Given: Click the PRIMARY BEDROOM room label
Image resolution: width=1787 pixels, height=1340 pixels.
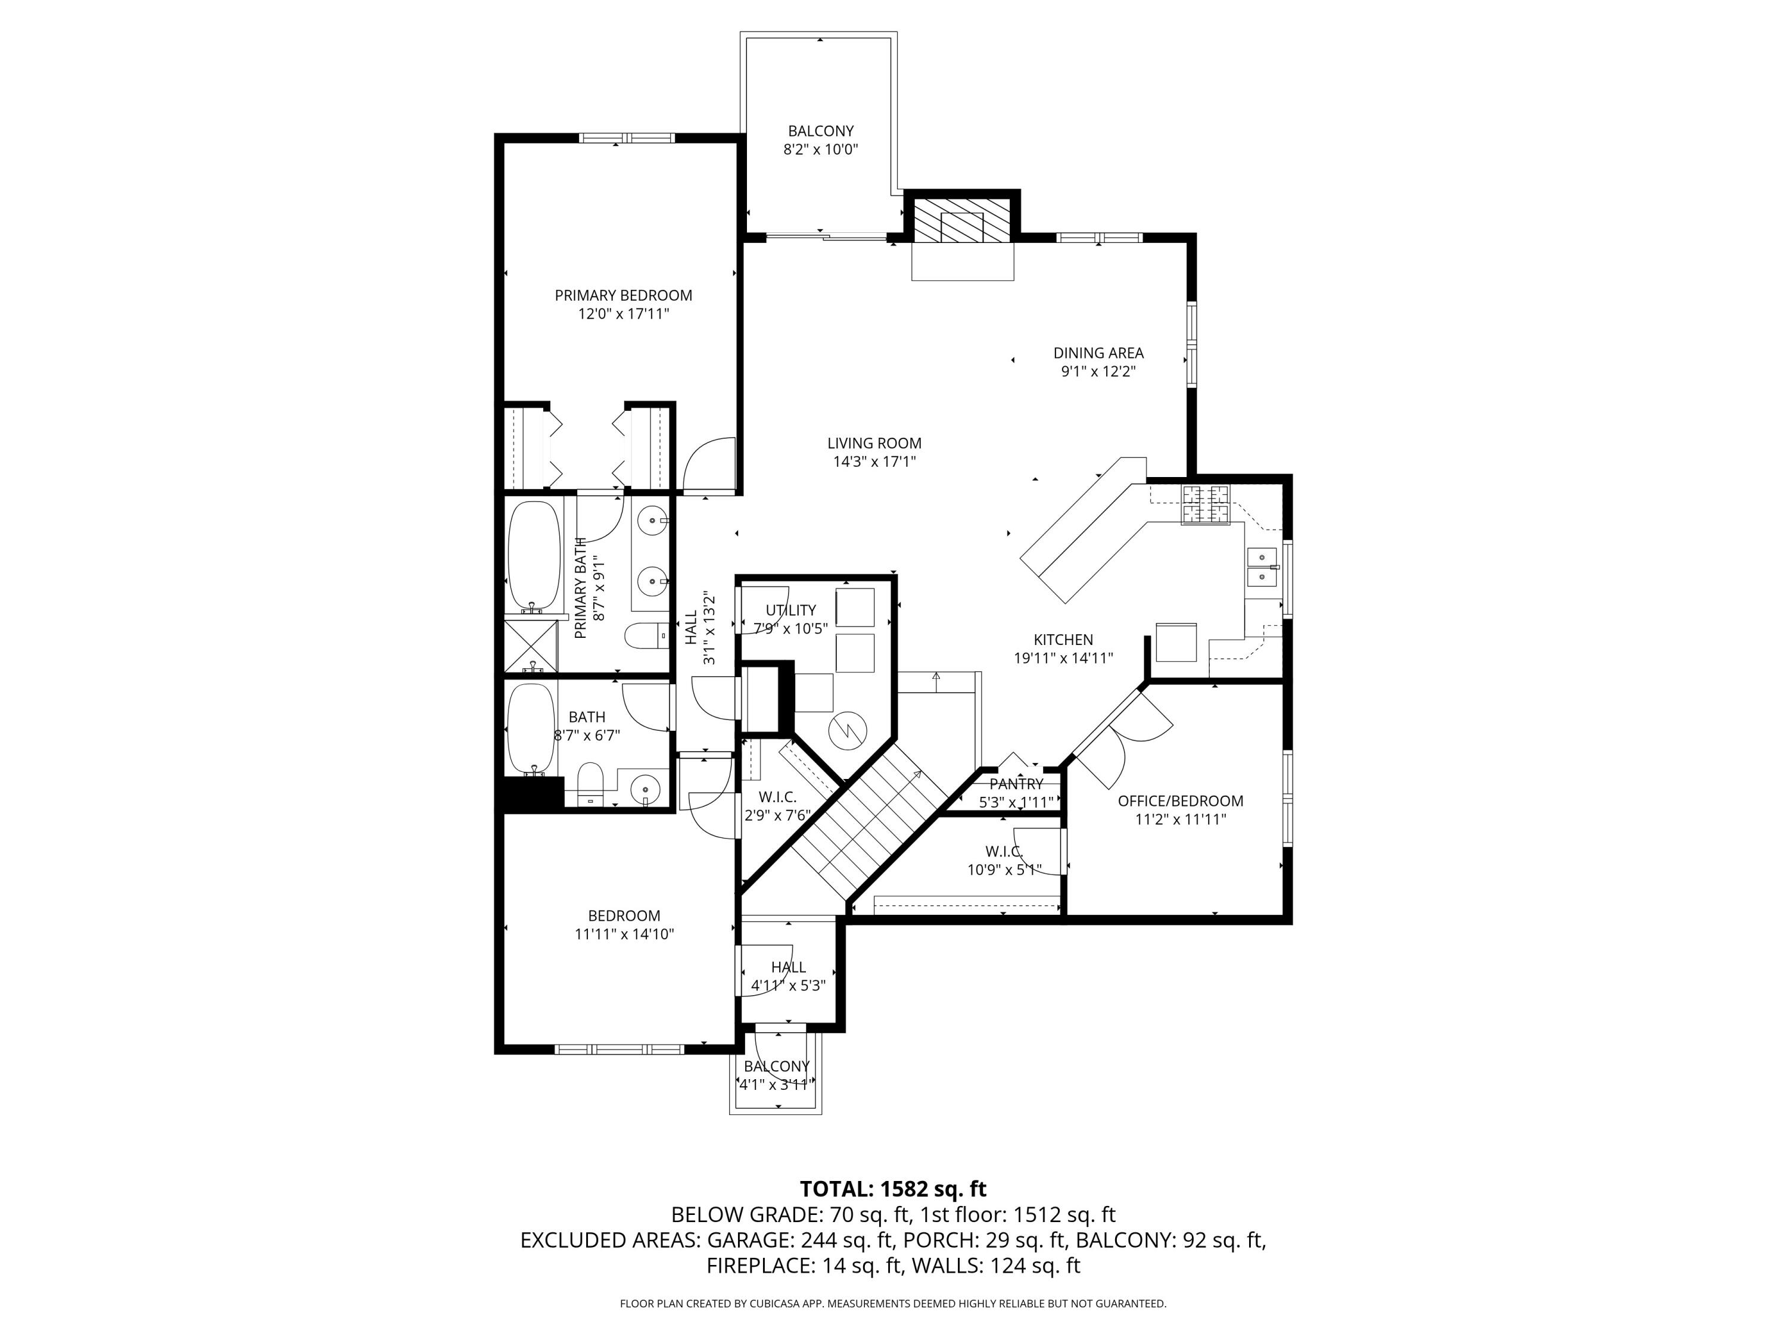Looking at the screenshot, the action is coord(623,295).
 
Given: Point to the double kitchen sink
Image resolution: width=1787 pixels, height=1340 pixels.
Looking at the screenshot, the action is coord(1262,567).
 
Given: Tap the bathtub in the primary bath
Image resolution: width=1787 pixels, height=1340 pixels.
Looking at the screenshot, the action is coord(533,557).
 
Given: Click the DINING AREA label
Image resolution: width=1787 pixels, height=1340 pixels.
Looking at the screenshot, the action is coord(1098,353).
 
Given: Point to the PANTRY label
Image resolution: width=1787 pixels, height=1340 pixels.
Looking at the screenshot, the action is coord(1016,784).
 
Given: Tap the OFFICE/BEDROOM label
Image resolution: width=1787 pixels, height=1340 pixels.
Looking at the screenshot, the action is coord(1180,800).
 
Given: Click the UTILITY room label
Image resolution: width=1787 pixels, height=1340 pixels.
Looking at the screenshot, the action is coord(791,610).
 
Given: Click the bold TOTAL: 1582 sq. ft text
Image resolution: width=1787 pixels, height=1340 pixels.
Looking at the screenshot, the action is coord(893,1189).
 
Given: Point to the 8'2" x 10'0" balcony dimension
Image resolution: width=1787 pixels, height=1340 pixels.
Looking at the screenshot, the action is coord(820,149).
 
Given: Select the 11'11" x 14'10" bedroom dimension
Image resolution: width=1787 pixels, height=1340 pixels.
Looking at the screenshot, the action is coord(624,934).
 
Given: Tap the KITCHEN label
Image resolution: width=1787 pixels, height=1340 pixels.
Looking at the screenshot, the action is coord(1063,640).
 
